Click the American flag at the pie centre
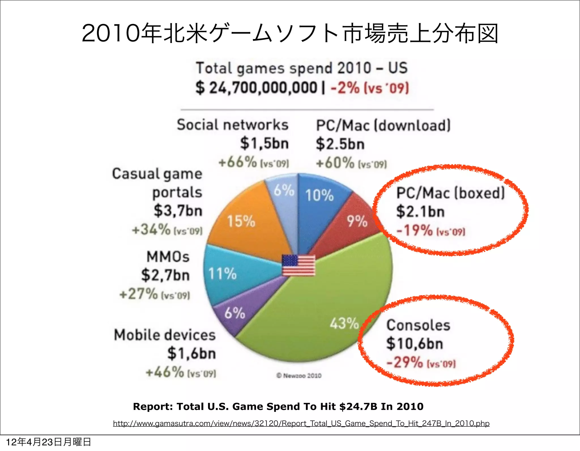tap(298, 265)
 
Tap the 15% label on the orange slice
tap(241, 221)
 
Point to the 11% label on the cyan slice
tap(222, 274)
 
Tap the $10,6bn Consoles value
tap(415, 343)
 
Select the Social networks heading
tap(233, 125)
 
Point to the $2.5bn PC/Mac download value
tap(340, 144)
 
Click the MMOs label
tap(168, 257)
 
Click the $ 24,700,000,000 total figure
tap(256, 87)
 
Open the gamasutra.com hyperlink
tap(301, 423)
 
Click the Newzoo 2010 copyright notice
tap(299, 376)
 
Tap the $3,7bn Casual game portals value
tap(178, 211)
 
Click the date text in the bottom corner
tap(48, 442)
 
